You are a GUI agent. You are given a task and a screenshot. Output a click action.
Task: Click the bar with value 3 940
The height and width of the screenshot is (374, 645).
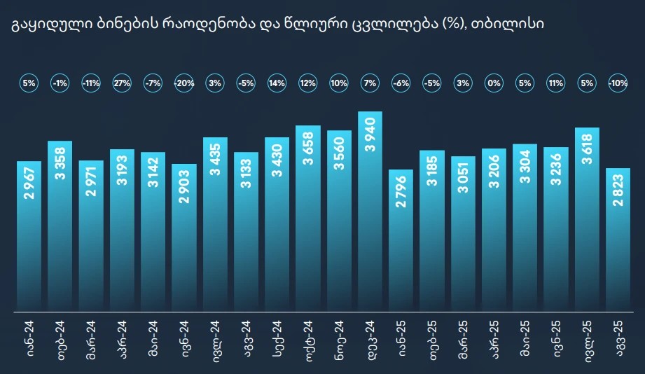tap(370, 210)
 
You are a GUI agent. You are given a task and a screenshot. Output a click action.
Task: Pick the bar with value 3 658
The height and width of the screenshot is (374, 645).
tap(307, 217)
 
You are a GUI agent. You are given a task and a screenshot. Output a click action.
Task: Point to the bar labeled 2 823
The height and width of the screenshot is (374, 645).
tap(618, 239)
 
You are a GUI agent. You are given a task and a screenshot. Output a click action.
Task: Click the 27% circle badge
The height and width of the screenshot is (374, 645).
tap(122, 83)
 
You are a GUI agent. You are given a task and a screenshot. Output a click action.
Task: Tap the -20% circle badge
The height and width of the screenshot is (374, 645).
tap(183, 83)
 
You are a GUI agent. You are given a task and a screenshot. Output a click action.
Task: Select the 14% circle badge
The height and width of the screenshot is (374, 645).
tap(277, 83)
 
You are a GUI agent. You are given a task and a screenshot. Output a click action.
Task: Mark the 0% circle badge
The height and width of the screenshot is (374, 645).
tap(494, 83)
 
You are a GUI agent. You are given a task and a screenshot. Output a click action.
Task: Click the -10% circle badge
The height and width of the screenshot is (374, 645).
tap(618, 83)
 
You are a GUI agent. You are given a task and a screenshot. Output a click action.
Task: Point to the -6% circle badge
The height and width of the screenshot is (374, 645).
tap(401, 83)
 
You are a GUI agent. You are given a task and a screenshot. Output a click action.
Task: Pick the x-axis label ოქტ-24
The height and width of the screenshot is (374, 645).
tap(307, 338)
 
